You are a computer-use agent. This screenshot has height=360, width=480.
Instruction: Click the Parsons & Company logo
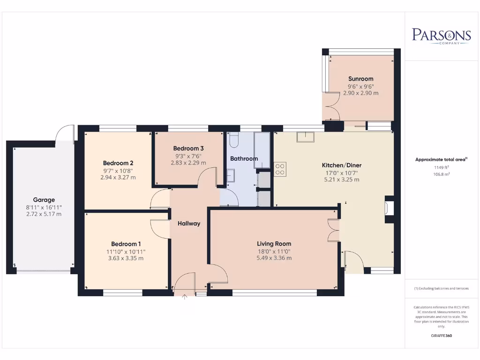[x=441, y=36]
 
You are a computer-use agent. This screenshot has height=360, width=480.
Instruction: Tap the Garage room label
[x=44, y=200]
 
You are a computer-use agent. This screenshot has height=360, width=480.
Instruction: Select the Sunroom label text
[x=360, y=79]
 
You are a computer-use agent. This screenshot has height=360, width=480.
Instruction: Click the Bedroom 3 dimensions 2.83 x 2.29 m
[x=188, y=163]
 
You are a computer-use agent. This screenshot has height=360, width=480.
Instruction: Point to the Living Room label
[x=274, y=243]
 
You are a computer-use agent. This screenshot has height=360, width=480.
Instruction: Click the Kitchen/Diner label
[x=341, y=165]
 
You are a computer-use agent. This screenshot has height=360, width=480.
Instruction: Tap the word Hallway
[x=189, y=224]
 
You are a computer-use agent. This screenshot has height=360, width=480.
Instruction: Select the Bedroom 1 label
[x=126, y=244]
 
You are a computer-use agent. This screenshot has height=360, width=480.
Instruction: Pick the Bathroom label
[x=244, y=158]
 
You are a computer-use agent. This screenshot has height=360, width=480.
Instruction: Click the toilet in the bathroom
[x=234, y=140]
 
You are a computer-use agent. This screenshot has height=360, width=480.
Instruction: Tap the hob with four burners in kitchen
[x=280, y=169]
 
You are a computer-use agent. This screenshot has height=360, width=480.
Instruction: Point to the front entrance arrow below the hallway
[x=184, y=297]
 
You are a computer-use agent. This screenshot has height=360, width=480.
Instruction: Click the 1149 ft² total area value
[x=441, y=167]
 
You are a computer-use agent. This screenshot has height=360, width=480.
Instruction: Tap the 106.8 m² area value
[x=441, y=173]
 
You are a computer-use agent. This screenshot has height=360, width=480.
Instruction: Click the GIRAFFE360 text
[x=441, y=336]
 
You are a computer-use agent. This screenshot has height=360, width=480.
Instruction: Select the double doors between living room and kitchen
[x=333, y=230]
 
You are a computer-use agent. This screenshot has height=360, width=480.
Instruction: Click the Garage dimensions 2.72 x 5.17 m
[x=44, y=214]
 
